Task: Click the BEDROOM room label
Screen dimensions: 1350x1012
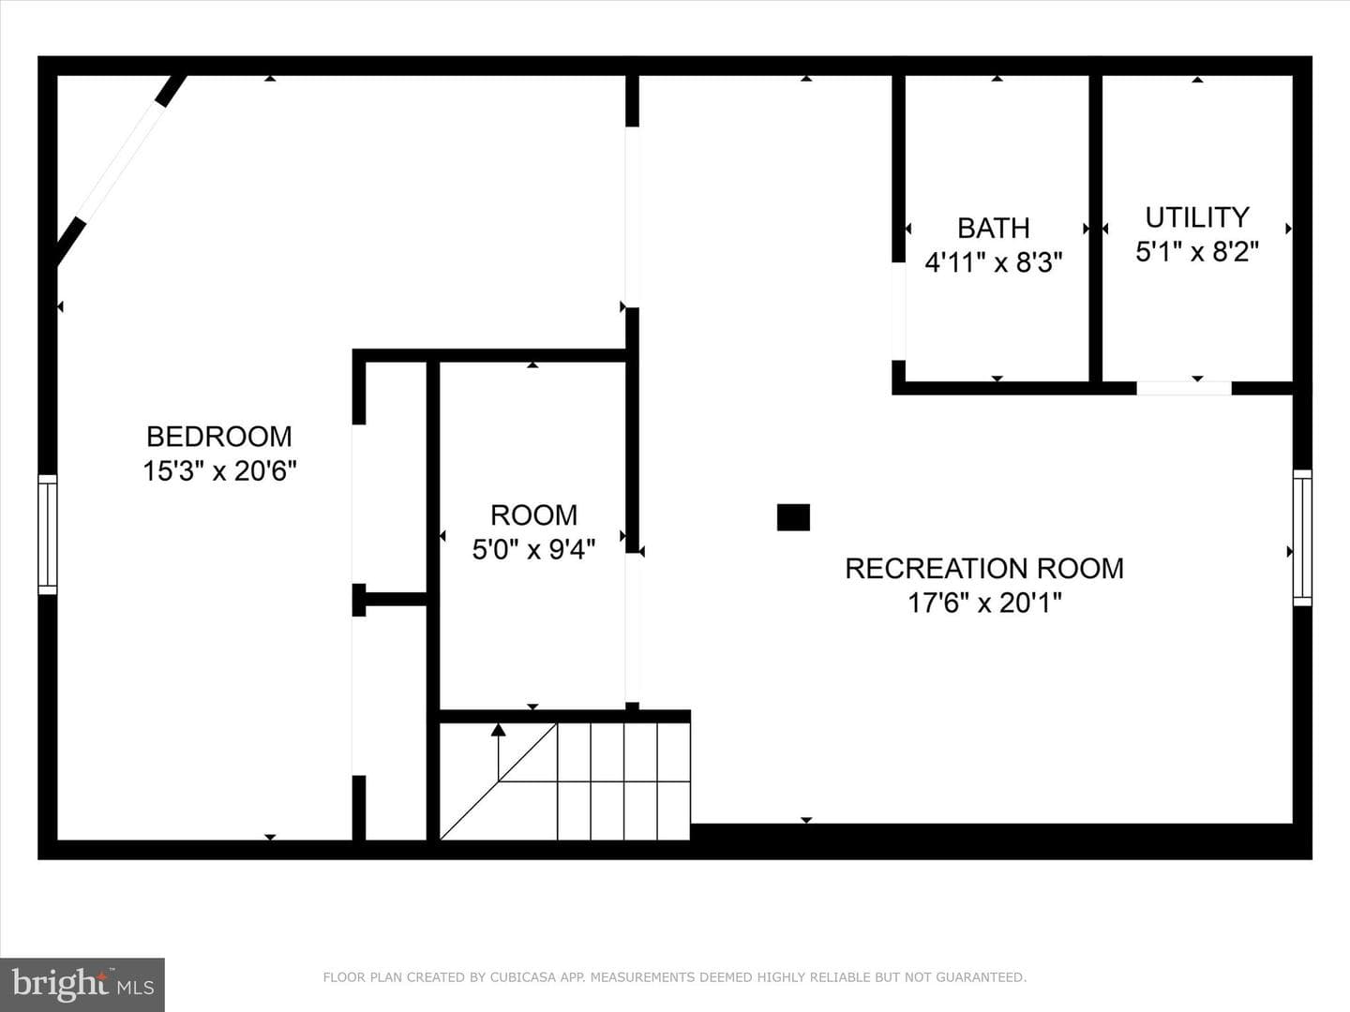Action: [219, 437]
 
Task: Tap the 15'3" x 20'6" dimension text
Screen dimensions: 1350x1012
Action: [219, 471]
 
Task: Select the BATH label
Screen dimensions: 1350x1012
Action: [993, 228]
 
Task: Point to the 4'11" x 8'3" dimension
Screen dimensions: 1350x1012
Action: [993, 262]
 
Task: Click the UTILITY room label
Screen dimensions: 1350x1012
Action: [1197, 216]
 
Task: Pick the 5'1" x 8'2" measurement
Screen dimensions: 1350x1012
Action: [1197, 251]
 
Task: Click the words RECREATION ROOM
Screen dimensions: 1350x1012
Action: [984, 569]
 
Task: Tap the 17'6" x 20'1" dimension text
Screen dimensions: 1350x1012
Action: [984, 603]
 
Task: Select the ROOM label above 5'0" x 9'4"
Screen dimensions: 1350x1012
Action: [533, 515]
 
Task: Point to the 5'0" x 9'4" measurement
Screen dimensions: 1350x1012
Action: [533, 549]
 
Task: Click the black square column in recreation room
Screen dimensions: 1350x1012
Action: [793, 517]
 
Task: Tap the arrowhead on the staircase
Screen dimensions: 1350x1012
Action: [498, 730]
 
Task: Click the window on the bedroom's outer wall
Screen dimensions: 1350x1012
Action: [48, 534]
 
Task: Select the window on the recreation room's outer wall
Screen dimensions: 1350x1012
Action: [1302, 538]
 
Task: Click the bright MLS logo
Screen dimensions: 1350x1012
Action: [82, 984]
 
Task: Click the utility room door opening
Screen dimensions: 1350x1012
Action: [1184, 388]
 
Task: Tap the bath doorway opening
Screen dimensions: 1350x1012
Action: [898, 311]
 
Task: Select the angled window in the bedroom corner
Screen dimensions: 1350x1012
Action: [119, 162]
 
